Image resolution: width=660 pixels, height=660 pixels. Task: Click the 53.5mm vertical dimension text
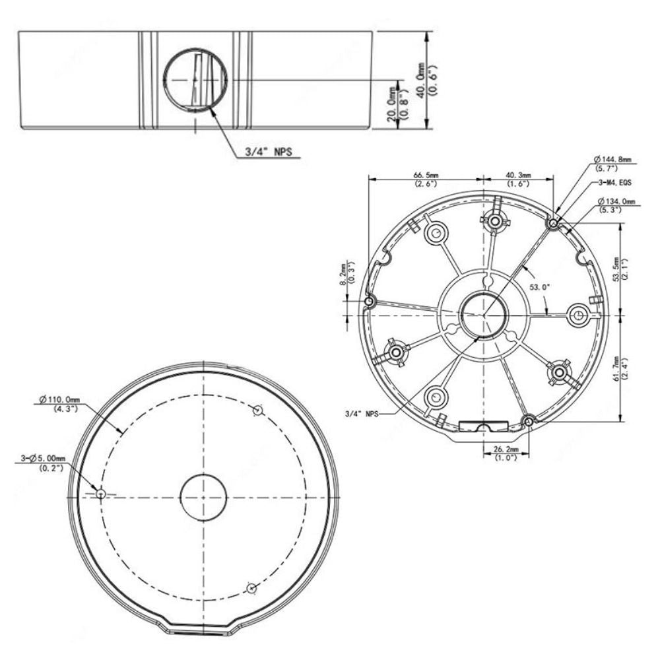point(619,269)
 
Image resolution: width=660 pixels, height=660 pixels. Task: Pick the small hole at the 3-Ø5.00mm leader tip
point(100,494)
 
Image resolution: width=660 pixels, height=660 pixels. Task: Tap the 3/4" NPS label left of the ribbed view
point(363,414)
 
